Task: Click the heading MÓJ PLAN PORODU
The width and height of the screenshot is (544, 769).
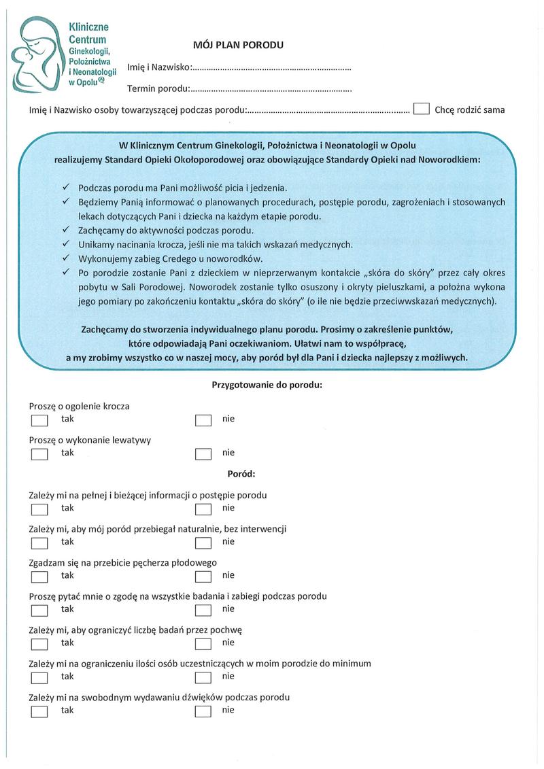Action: pos(239,45)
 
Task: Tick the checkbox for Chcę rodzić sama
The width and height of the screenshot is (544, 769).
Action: pos(422,109)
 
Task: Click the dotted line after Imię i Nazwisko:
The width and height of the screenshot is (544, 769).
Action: pos(272,68)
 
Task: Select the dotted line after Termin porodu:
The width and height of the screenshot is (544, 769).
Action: pos(271,89)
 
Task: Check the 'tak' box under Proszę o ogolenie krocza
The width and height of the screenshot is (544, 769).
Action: pos(39,420)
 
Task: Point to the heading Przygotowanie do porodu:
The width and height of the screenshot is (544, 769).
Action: pos(267,384)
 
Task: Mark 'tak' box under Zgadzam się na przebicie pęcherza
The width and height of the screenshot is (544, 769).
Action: pos(39,577)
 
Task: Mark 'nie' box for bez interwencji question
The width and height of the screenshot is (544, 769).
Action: pos(203,543)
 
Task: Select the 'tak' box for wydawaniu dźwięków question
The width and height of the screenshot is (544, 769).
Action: pos(39,711)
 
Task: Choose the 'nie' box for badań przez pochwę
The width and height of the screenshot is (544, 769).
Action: pos(203,644)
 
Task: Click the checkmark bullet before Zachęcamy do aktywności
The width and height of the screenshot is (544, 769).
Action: pos(66,230)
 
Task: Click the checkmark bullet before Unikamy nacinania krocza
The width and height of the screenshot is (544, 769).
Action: pos(66,244)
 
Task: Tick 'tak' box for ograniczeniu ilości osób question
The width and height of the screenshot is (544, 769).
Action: pos(39,677)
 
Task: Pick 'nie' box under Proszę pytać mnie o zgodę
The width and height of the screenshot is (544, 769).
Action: pos(203,610)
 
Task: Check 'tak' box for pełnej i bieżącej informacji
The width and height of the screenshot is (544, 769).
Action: pos(39,509)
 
